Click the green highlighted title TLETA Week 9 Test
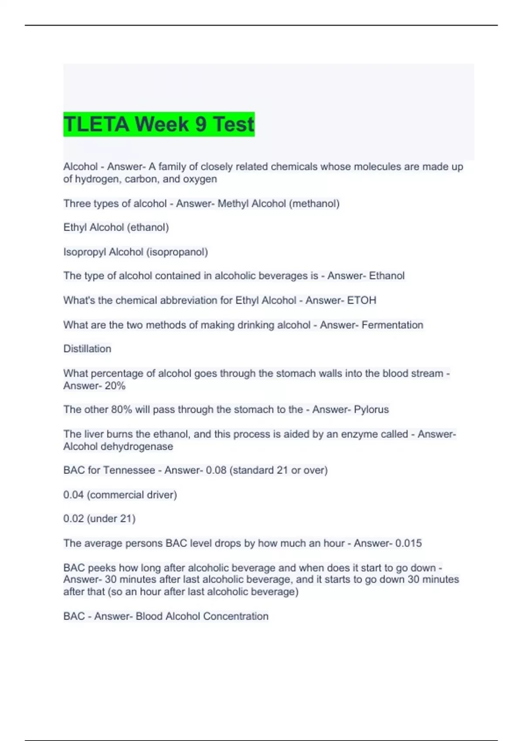[x=159, y=124]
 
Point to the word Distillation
[x=87, y=349]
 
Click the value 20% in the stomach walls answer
[x=115, y=386]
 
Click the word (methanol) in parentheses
[x=314, y=204]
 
